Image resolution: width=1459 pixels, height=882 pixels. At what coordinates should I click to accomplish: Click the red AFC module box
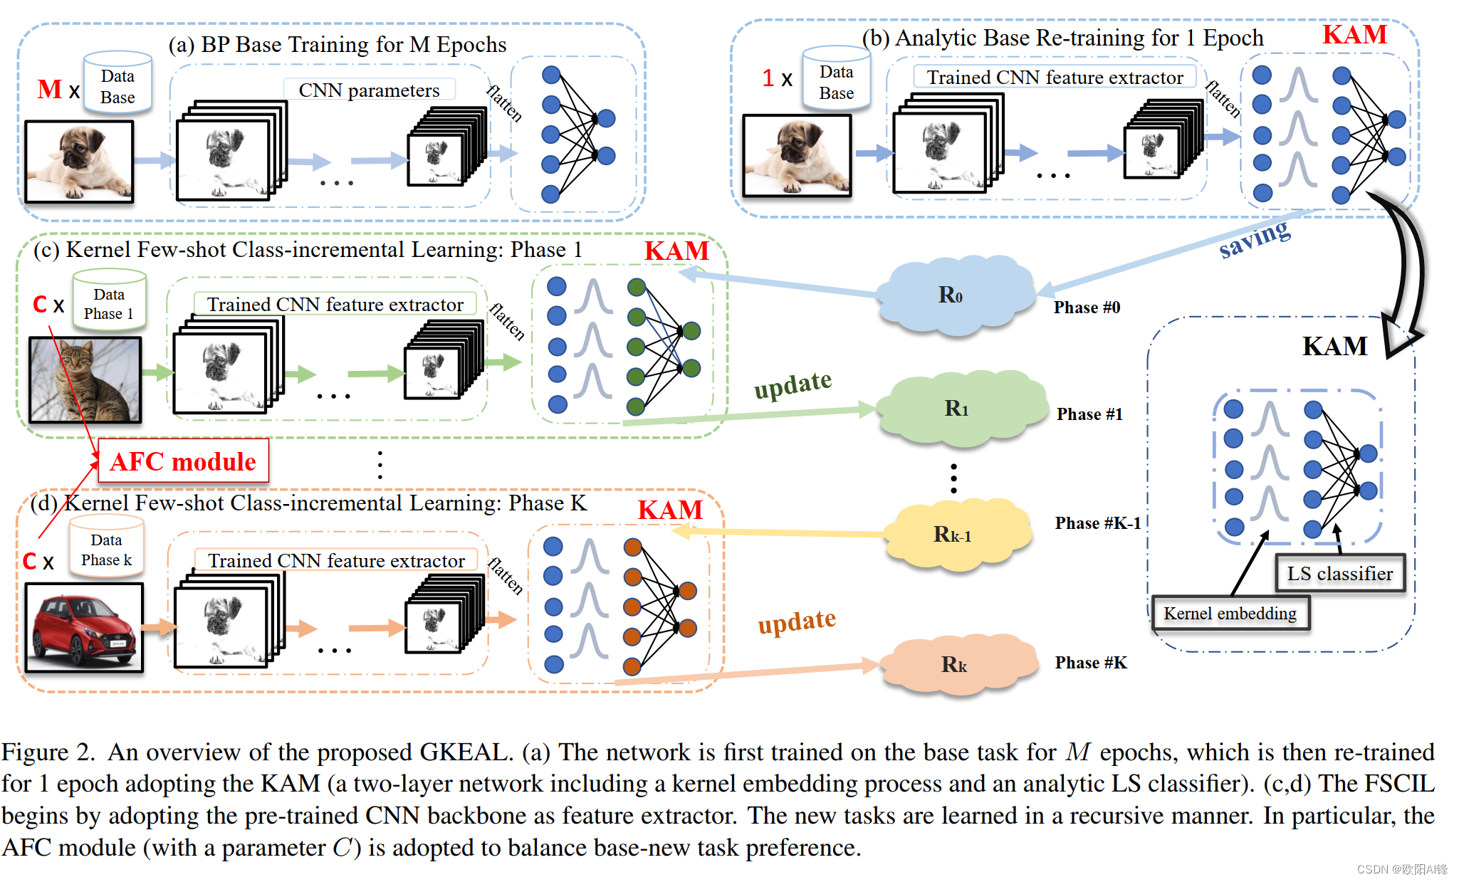(183, 461)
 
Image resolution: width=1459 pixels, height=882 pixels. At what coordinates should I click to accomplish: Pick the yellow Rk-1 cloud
(954, 535)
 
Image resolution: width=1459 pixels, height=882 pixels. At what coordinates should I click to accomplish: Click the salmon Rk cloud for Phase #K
(956, 665)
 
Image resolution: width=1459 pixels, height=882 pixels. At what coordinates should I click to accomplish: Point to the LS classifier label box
(1339, 574)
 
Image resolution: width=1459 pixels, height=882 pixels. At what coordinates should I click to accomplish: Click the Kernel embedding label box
(1230, 614)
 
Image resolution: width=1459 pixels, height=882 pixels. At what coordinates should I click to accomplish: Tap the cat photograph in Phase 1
(85, 379)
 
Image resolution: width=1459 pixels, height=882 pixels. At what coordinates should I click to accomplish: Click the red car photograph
(84, 627)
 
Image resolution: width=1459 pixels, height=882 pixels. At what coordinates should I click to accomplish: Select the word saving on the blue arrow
(1254, 238)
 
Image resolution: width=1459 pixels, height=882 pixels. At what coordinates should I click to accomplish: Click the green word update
(793, 385)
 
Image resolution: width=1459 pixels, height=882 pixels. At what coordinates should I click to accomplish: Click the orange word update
(796, 622)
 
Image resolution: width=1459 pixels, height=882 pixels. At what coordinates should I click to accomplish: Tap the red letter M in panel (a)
(49, 90)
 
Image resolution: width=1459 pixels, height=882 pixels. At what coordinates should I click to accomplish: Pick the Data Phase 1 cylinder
(109, 300)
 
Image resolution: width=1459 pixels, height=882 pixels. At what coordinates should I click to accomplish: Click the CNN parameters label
(369, 90)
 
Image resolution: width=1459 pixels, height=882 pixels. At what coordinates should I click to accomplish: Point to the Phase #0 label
(1087, 308)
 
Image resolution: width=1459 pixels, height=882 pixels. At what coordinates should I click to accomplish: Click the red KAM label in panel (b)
(1354, 34)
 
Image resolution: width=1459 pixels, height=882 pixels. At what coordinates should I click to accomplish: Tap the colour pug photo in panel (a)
(79, 162)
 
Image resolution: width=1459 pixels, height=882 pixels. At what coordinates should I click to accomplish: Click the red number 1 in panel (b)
(768, 78)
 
